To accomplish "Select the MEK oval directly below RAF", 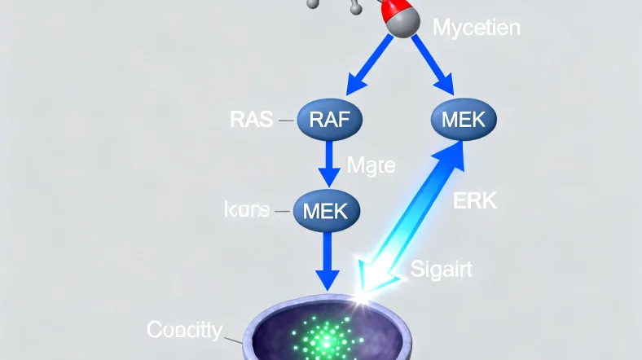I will [x=324, y=210].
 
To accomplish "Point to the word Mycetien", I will [x=476, y=29].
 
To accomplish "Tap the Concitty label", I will [x=183, y=330].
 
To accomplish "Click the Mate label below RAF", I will [x=371, y=166].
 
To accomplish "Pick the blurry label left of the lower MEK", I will [x=246, y=210].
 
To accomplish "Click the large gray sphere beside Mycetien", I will [x=402, y=24].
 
